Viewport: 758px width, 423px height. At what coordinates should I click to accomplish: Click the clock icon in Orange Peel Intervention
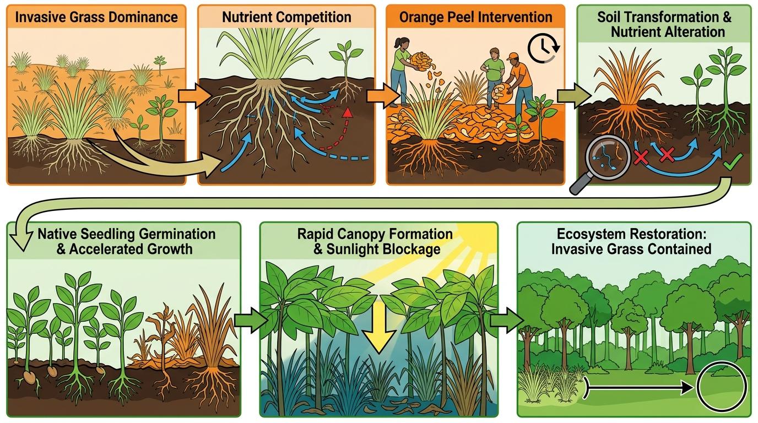click(543, 48)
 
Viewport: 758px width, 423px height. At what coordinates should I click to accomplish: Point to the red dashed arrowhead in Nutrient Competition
click(346, 113)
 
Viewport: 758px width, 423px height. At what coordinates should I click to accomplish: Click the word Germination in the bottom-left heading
click(177, 234)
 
